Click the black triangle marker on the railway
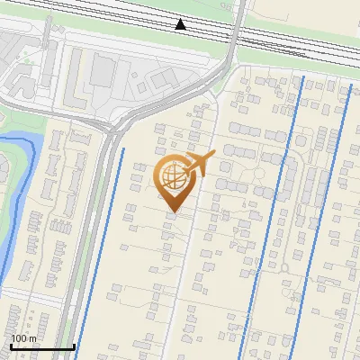pyautogui.click(x=182, y=23)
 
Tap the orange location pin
pyautogui.click(x=173, y=184)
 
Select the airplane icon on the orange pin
pyautogui.click(x=199, y=163)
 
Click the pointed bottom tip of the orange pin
pyautogui.click(x=172, y=211)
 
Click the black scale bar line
pyautogui.click(x=41, y=346)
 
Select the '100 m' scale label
pyautogui.click(x=23, y=338)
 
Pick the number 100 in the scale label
pyautogui.click(x=19, y=338)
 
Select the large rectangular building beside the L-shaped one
pyautogui.click(x=103, y=71)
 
